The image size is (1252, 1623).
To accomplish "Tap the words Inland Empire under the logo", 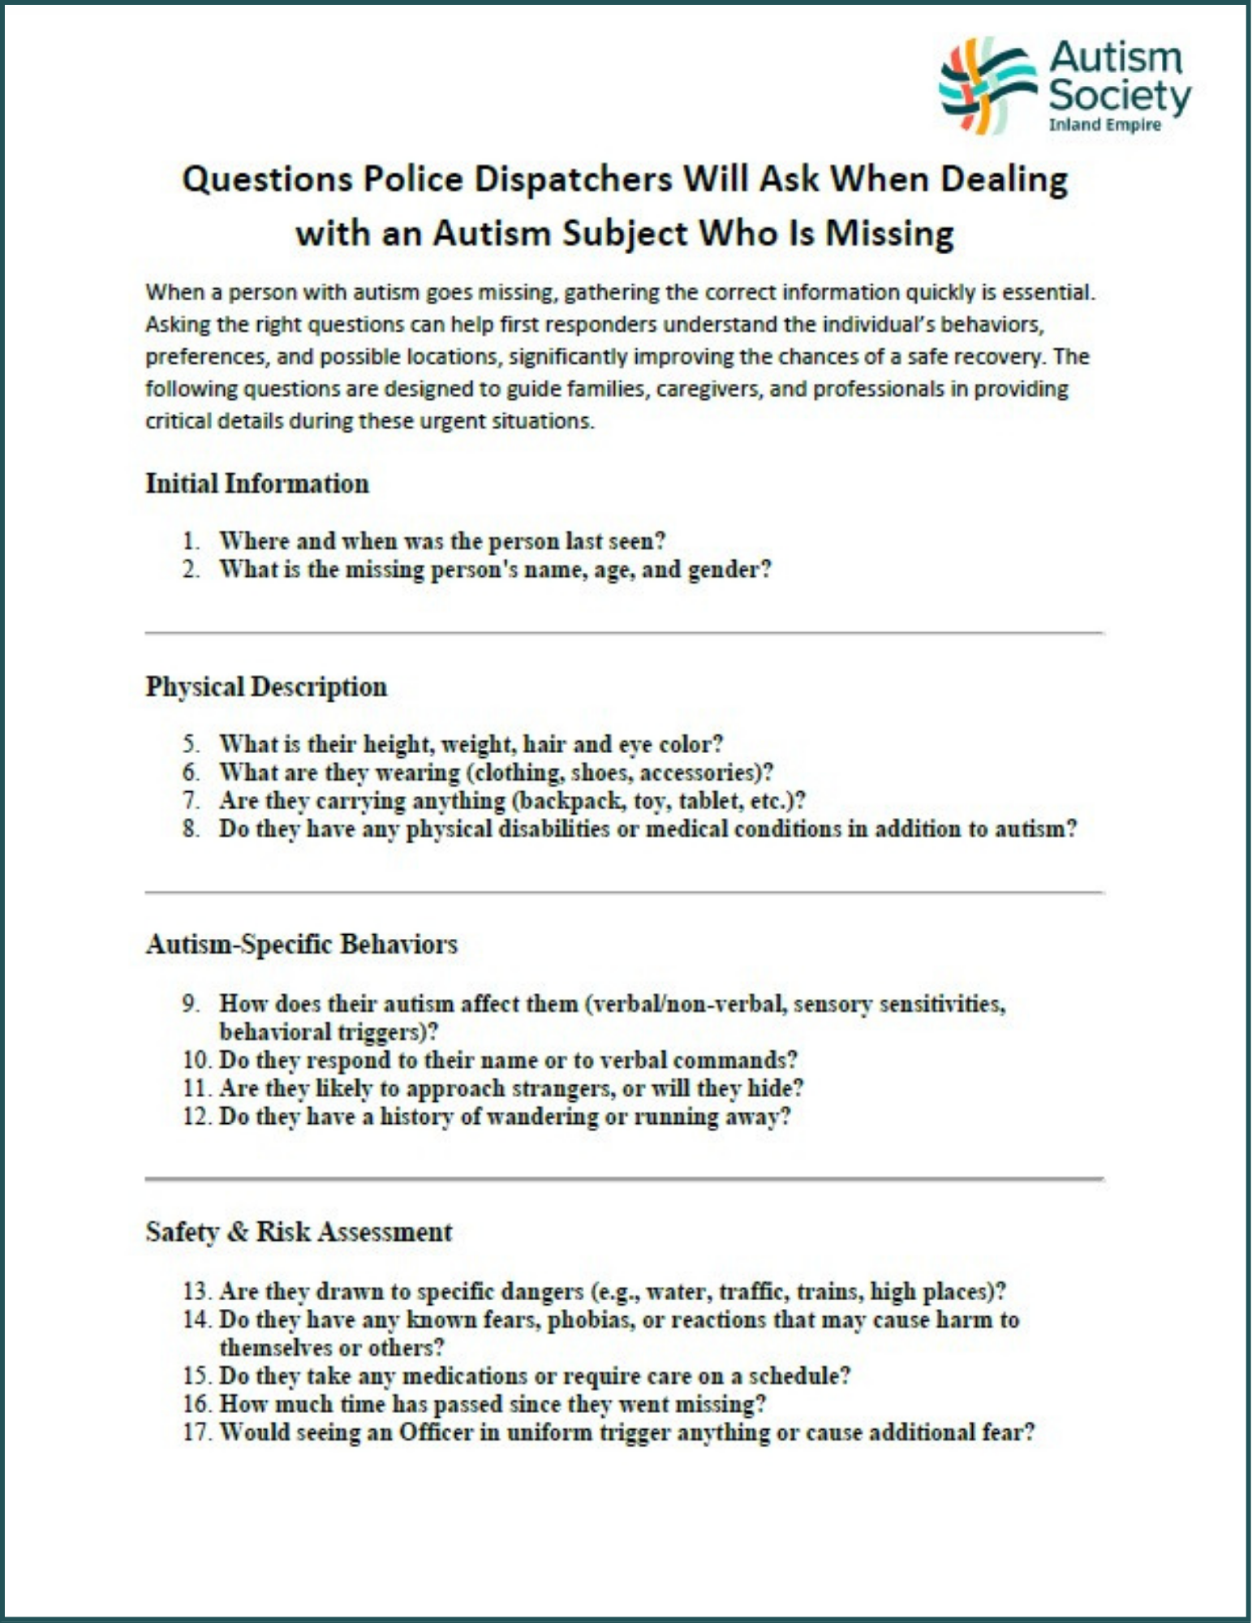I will coord(1104,125).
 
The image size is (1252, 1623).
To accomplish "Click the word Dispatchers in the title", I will coord(572,179).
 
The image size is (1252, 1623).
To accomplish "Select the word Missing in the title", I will coord(889,234).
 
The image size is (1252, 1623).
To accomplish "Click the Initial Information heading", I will coord(257,484).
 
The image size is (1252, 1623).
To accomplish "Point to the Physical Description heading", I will coord(266,687).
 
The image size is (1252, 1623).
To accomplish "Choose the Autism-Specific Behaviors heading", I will coord(301,945).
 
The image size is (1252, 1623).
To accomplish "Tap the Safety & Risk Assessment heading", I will coord(299,1232).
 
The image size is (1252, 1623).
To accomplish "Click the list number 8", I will coord(191,829).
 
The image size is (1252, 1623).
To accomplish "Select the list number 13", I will coord(196,1291).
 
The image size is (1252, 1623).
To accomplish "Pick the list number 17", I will coord(196,1432).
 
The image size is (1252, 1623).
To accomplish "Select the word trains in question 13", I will coord(827,1291).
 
